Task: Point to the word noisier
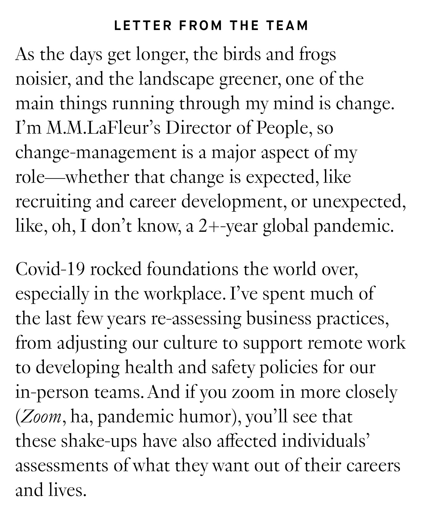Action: pos(40,80)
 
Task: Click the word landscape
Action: pos(177,80)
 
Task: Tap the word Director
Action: pos(198,128)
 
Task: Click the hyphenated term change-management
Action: pos(96,153)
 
